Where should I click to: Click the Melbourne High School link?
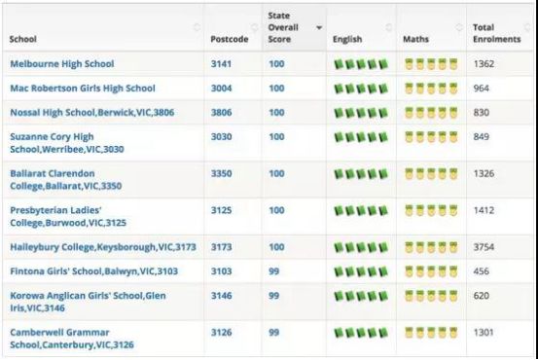62,64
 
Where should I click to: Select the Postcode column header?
230,39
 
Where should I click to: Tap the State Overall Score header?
283,27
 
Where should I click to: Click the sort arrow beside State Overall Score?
319,27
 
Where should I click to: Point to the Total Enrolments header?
496,33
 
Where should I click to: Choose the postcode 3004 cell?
221,89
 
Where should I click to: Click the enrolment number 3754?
484,247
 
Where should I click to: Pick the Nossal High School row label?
92,113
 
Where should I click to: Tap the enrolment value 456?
481,271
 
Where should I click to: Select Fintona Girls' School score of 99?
273,271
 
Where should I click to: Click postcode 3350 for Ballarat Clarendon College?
221,173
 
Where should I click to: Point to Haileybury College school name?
103,247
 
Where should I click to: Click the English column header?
347,39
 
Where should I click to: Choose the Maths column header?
415,39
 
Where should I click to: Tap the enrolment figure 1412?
484,210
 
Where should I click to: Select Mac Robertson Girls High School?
83,89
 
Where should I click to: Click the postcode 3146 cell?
221,296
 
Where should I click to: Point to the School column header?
23,39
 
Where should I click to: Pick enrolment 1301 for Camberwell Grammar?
484,332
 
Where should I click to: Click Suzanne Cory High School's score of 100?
276,137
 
